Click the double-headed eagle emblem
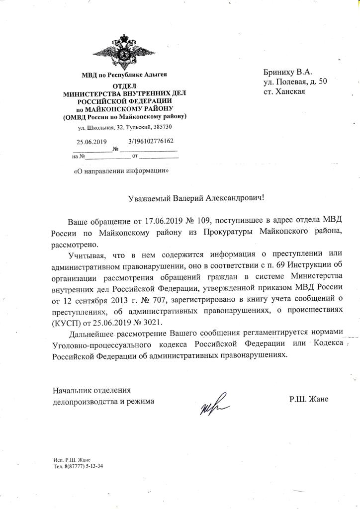pyautogui.click(x=124, y=52)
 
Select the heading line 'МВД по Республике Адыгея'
pyautogui.click(x=124, y=75)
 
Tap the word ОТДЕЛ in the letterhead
pyautogui.click(x=124, y=86)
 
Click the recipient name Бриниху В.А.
pyautogui.click(x=288, y=71)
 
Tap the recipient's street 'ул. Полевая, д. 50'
pyautogui.click(x=295, y=82)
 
